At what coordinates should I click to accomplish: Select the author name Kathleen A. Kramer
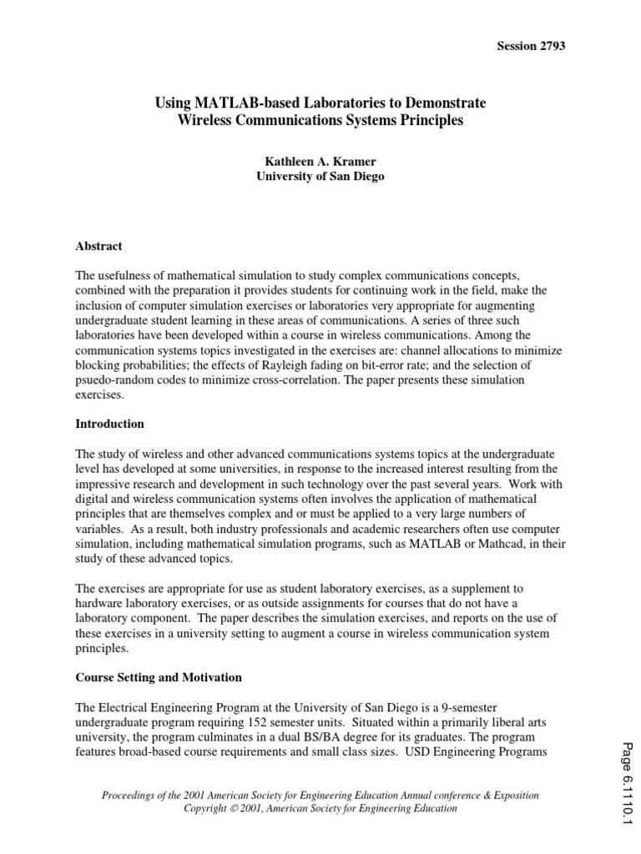coord(320,162)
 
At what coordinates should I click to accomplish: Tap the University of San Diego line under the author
coord(320,177)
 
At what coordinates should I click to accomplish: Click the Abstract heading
coord(99,246)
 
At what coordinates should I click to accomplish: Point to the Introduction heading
coord(110,424)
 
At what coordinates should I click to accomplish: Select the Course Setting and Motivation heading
coord(159,677)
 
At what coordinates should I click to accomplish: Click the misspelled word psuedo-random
coord(112,380)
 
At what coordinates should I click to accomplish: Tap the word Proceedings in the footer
coord(129,796)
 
